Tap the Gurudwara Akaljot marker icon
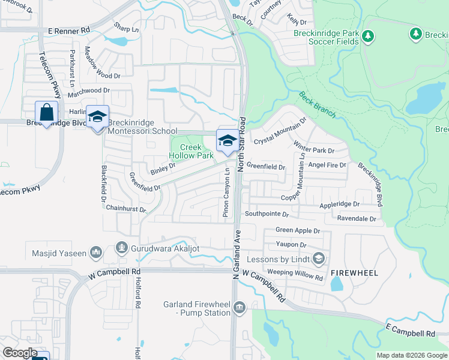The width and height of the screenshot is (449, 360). click(x=122, y=247)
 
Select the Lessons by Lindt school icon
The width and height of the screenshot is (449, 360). click(x=319, y=259)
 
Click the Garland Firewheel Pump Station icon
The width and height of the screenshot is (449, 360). click(x=239, y=308)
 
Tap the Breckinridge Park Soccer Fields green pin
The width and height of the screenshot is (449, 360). click(x=369, y=37)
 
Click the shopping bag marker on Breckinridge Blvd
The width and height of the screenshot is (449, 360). click(x=47, y=113)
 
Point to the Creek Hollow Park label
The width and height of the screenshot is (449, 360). click(x=191, y=151)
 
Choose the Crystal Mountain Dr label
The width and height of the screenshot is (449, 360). click(x=280, y=131)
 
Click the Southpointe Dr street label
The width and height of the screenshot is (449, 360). click(x=267, y=214)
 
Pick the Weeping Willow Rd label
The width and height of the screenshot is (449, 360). click(x=295, y=272)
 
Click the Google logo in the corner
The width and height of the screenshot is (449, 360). click(x=20, y=353)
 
